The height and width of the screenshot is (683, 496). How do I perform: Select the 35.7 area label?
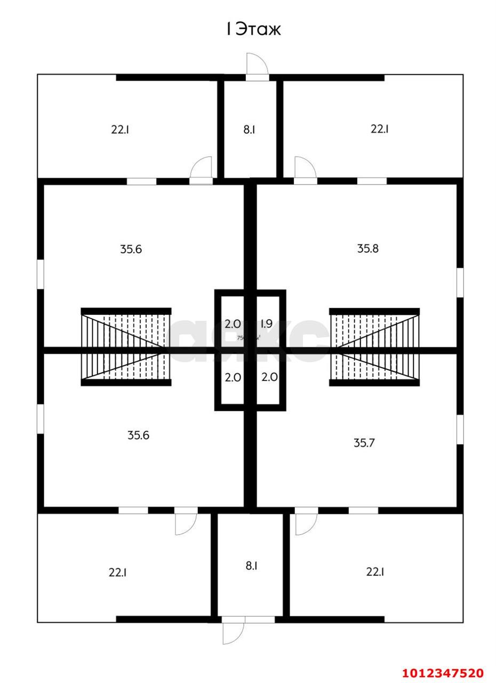pyautogui.click(x=364, y=442)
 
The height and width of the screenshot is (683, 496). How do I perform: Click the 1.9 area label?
pyautogui.click(x=266, y=323)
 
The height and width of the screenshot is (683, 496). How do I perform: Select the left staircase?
pyautogui.click(x=126, y=346)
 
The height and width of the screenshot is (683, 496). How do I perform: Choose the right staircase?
pyautogui.click(x=374, y=346)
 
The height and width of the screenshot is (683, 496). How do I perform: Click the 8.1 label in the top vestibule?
pyautogui.click(x=249, y=129)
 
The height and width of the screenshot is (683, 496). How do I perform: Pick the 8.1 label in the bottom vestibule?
pyautogui.click(x=251, y=566)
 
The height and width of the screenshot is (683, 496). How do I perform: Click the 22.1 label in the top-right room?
pyautogui.click(x=379, y=129)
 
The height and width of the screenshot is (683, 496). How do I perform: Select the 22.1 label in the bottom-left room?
pyautogui.click(x=117, y=573)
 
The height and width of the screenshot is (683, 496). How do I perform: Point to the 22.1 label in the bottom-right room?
pyautogui.click(x=375, y=572)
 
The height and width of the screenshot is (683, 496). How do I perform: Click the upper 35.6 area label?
pyautogui.click(x=131, y=249)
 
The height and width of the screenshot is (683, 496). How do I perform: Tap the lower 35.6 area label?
pyautogui.click(x=138, y=435)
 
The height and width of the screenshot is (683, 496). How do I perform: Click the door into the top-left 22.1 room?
pyautogui.click(x=202, y=170)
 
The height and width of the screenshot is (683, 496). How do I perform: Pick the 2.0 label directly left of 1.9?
pyautogui.click(x=233, y=323)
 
